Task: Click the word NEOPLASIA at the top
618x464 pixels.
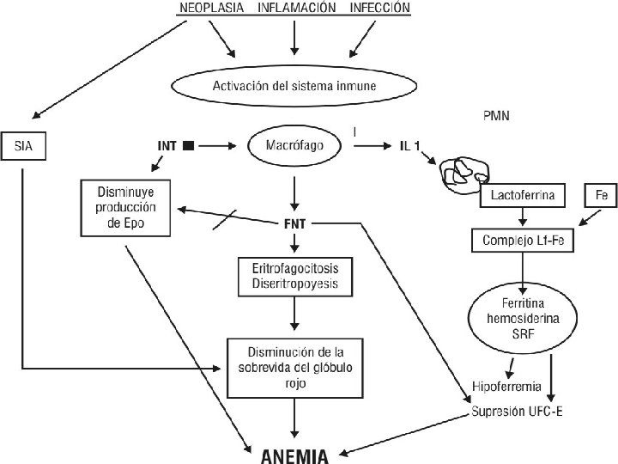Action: [212, 8]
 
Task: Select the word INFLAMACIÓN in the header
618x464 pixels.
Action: [297, 8]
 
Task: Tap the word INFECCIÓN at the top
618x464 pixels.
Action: [380, 8]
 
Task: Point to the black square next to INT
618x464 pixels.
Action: [189, 146]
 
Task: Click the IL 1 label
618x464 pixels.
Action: [410, 146]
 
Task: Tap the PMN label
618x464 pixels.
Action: [496, 116]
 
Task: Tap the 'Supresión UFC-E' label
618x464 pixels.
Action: [517, 412]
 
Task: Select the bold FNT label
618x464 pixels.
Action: [294, 224]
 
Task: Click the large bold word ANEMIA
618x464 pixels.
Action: [294, 456]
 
